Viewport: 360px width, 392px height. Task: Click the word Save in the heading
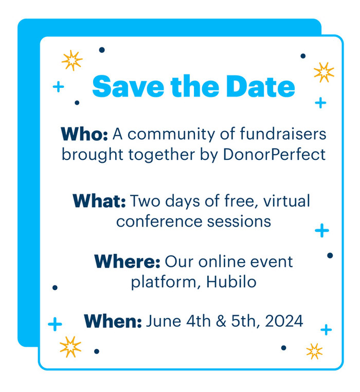129,86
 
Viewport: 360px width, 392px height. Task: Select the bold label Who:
84,134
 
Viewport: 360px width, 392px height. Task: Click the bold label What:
99,201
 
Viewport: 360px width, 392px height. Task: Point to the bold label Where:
128,262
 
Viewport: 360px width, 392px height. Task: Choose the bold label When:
113,321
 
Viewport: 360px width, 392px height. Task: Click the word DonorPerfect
274,154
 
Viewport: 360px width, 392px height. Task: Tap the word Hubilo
231,282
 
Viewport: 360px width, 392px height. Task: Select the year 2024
284,321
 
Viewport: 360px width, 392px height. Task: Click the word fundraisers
283,134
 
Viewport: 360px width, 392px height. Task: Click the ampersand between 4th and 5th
221,321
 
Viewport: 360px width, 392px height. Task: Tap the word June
164,321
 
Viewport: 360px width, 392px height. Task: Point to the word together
161,155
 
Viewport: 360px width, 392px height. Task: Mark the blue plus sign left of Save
59,87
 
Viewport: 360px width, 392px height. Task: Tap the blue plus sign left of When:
55,324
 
